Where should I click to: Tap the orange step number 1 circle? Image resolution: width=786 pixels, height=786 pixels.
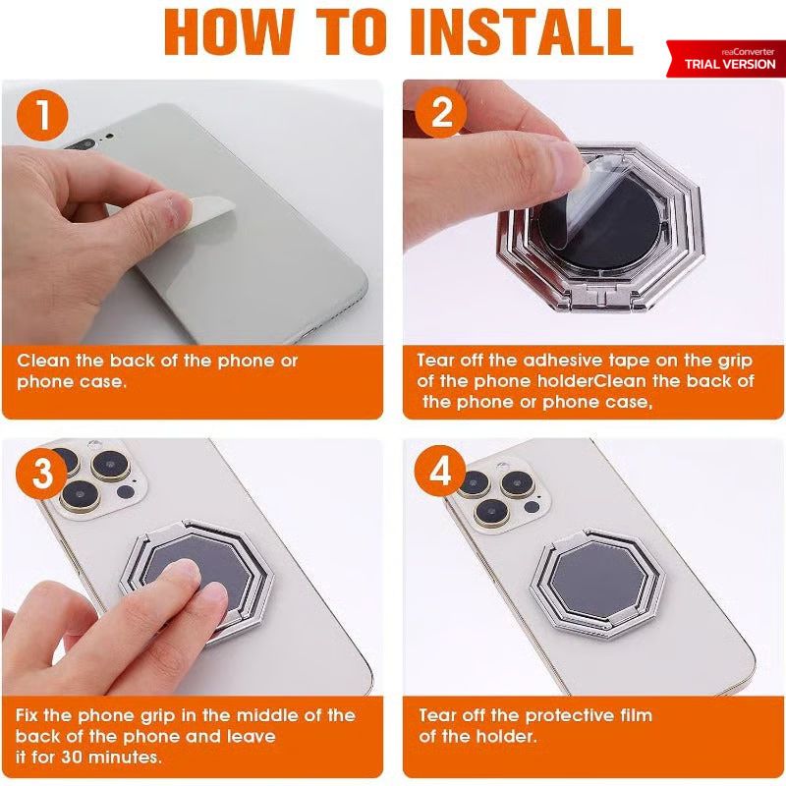(x=42, y=115)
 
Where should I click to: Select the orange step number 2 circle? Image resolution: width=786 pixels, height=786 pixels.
(x=440, y=112)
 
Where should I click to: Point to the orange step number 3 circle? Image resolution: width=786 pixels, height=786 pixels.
(x=42, y=474)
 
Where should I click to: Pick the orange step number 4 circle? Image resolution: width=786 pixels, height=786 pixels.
(x=440, y=472)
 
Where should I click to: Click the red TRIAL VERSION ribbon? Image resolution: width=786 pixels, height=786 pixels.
(x=726, y=59)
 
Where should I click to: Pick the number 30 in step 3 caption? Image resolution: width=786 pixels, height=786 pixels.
(x=73, y=757)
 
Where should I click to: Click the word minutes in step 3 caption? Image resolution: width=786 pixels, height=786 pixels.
(x=122, y=757)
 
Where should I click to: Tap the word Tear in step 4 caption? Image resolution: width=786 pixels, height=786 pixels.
(x=437, y=715)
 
